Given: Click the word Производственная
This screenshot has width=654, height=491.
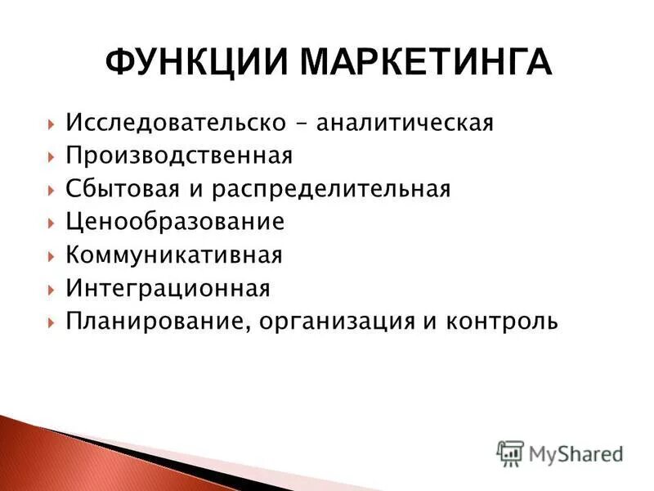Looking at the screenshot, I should (179, 156).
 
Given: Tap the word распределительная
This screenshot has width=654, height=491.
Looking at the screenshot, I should (332, 190).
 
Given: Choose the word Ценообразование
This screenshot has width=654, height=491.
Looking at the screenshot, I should (175, 223).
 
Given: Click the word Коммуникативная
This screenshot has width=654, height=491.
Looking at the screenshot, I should (174, 255).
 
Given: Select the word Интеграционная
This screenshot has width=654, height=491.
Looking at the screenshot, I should (168, 288).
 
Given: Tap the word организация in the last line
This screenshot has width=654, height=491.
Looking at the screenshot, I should (340, 322).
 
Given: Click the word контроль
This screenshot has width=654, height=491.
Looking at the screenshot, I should (502, 322).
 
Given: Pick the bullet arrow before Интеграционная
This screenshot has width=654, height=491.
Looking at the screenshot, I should (52, 289).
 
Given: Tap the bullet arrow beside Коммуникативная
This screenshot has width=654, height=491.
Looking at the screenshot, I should (52, 256).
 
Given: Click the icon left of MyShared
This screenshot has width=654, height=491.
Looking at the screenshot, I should (510, 453).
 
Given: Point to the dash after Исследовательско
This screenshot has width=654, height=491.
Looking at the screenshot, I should (302, 124).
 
